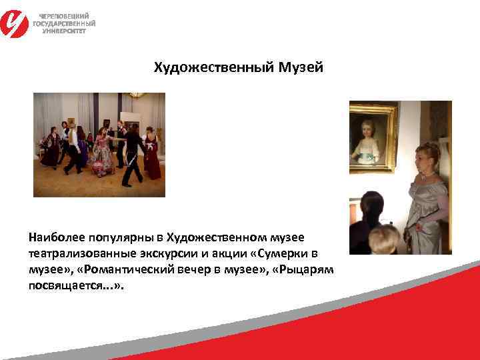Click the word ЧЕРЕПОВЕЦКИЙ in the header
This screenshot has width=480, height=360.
(63, 16)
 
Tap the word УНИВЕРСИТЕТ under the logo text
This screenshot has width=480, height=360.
(64, 31)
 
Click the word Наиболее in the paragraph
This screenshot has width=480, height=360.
(55, 237)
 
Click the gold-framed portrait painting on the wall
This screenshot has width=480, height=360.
(373, 137)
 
